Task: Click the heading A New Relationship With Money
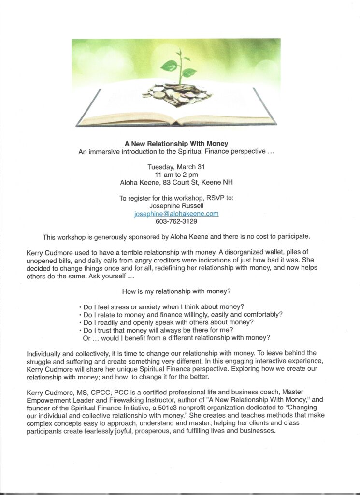tap(176, 144)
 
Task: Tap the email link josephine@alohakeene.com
tap(176, 213)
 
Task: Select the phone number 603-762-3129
tap(176, 221)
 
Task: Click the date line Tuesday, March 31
tap(176, 167)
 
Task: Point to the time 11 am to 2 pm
tap(176, 175)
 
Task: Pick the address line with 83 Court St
tap(176, 183)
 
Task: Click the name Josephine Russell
tap(176, 205)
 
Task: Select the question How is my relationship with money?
tap(176, 291)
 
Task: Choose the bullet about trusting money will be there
tap(159, 330)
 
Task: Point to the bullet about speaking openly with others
tap(166, 322)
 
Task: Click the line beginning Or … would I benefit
tap(176, 337)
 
